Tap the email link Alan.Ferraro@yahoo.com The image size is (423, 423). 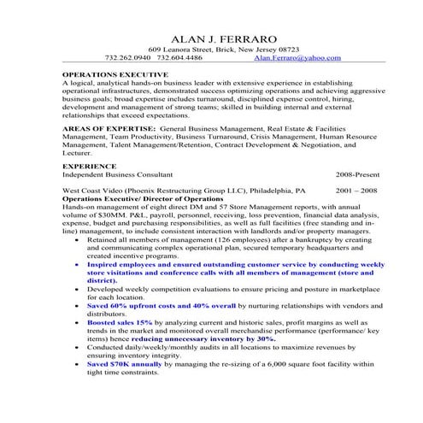point(297,58)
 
